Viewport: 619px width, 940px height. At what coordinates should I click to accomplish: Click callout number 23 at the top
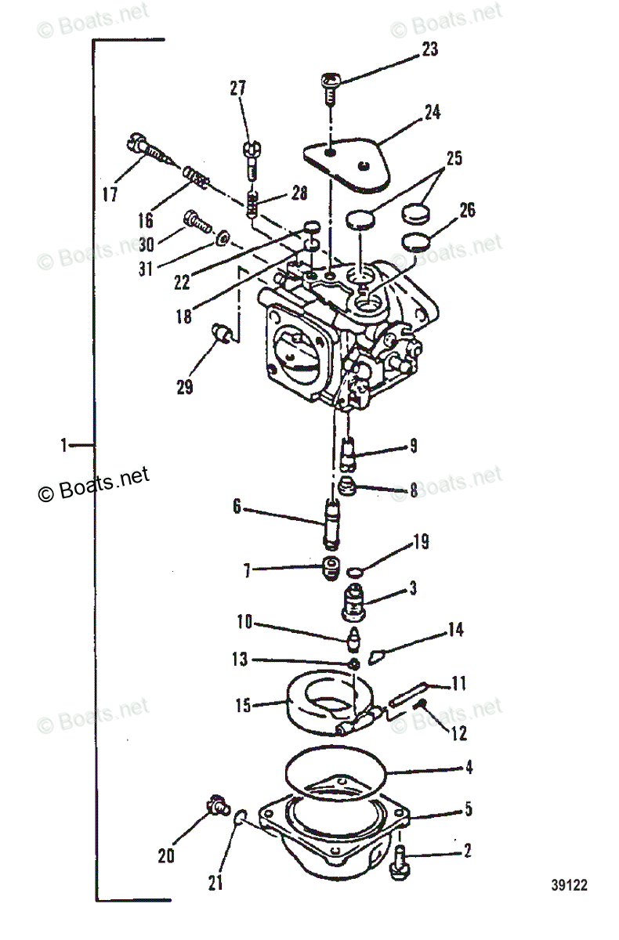(429, 50)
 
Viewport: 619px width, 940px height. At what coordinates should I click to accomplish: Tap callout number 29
(184, 386)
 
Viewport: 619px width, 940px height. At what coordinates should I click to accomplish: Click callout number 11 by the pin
(458, 684)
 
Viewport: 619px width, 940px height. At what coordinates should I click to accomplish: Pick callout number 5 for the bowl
(468, 808)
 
